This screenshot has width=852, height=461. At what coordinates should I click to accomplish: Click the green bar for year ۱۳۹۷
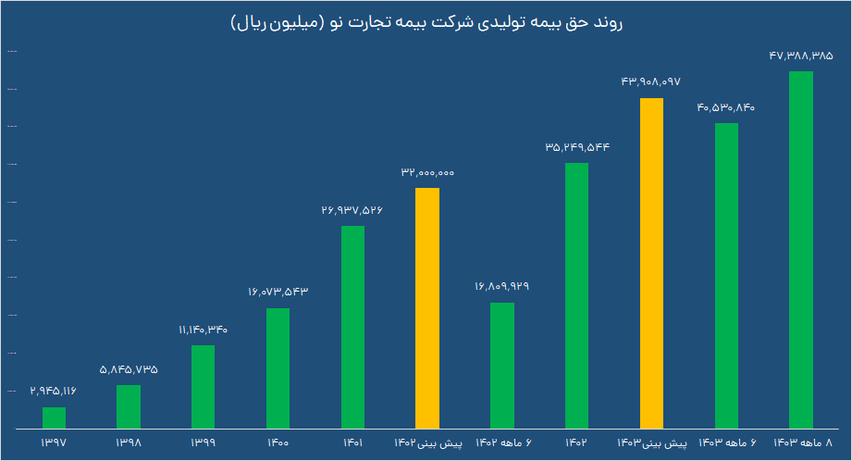point(54,418)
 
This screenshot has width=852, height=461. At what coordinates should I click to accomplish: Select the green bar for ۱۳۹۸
point(129,407)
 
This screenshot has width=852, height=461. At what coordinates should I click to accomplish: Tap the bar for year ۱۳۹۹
point(203,387)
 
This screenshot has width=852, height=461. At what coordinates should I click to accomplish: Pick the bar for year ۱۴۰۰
point(278,368)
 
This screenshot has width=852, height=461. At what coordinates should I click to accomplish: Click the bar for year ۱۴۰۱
point(352,328)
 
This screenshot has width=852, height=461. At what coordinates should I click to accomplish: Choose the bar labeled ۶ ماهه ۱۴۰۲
point(501,366)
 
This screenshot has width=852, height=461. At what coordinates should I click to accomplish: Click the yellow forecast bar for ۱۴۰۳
point(651,264)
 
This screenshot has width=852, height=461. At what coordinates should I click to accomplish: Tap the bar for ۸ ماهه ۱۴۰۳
point(800,250)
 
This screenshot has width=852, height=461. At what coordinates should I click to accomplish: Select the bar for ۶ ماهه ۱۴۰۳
point(726,276)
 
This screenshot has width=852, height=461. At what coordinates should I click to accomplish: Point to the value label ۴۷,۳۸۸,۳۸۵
point(800,56)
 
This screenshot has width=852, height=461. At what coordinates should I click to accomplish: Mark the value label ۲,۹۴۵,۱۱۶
point(54,392)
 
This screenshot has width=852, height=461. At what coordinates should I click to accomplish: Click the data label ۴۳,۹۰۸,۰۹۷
point(651,82)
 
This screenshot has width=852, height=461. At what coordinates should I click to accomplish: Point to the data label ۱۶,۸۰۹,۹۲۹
point(501,287)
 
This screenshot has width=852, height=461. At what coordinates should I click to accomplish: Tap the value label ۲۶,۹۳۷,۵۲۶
point(352,211)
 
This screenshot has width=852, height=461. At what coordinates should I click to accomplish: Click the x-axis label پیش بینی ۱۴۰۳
point(651,443)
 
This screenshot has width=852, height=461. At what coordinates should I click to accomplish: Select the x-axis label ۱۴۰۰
point(278,443)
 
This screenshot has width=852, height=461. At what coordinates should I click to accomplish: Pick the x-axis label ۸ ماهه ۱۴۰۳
point(800,443)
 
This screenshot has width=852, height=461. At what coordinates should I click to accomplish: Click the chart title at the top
point(426,22)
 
